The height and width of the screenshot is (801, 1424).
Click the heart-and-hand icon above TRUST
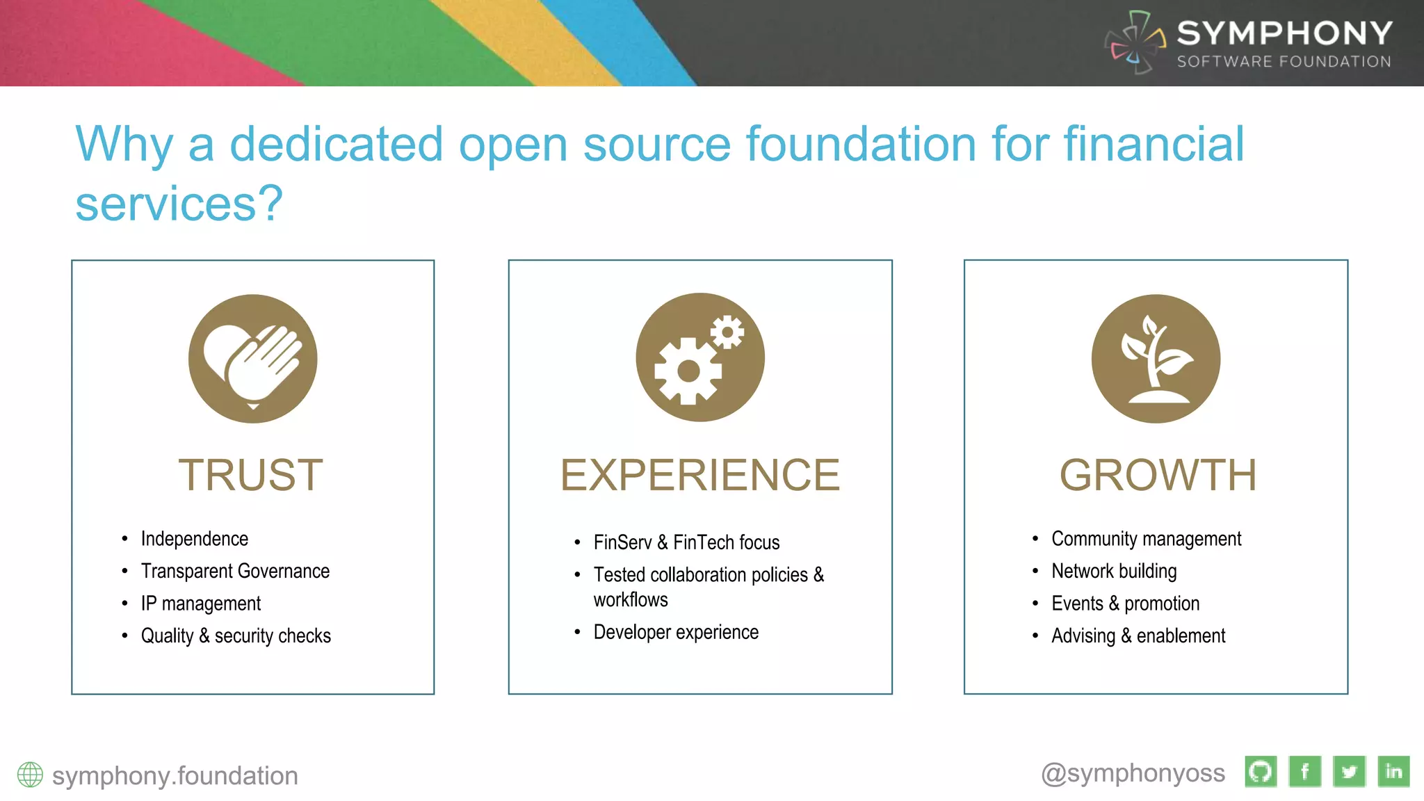(252, 359)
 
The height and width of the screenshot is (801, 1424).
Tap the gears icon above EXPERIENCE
(699, 357)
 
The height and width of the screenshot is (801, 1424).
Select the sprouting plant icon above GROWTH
(1156, 359)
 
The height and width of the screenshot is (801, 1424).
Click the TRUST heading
(251, 476)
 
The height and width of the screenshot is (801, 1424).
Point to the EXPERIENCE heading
(700, 476)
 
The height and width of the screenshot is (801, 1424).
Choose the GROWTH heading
(1158, 476)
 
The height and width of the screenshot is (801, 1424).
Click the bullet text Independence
(194, 539)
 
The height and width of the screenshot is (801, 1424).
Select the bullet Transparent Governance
(235, 571)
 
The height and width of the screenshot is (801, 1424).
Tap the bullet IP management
(200, 604)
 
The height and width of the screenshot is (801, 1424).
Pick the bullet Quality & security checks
(236, 636)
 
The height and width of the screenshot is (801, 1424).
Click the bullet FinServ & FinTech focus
(686, 542)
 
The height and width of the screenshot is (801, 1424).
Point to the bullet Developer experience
(676, 632)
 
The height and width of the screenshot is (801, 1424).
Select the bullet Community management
(1146, 539)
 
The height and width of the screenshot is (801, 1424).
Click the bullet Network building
(1114, 571)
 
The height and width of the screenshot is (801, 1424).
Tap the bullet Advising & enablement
(1138, 636)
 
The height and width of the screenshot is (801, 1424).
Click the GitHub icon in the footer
(1261, 772)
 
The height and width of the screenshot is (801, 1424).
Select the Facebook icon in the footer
(1305, 772)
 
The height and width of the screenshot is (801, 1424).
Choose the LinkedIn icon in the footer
(1393, 772)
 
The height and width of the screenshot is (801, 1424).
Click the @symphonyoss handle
(1133, 773)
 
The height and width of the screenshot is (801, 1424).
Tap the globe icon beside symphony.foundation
(30, 775)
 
